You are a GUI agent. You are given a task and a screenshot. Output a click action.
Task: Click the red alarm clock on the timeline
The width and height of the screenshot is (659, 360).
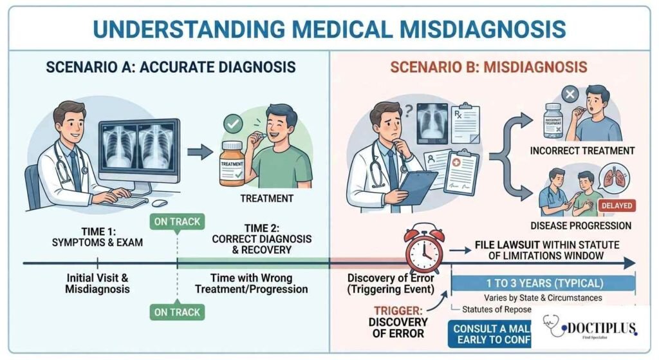pyautogui.click(x=424, y=248)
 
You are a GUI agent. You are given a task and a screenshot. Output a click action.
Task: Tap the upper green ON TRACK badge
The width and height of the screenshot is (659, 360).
pyautogui.click(x=177, y=222)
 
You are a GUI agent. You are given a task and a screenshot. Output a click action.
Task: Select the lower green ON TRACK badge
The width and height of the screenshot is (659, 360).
pyautogui.click(x=177, y=312)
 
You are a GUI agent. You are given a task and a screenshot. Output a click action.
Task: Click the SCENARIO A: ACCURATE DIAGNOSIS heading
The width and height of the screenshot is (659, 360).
pyautogui.click(x=171, y=67)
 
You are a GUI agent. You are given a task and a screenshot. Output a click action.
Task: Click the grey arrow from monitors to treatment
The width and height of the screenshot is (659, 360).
pyautogui.click(x=203, y=152)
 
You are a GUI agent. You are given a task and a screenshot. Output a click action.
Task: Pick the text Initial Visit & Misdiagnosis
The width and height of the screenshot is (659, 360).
pyautogui.click(x=97, y=284)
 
